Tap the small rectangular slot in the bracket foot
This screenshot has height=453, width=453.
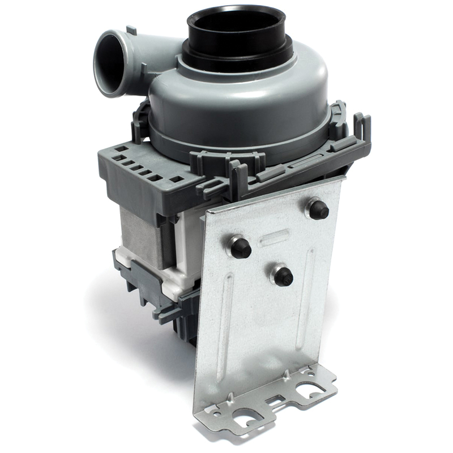(x=276, y=401)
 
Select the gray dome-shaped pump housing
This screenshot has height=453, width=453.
(x=238, y=102)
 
